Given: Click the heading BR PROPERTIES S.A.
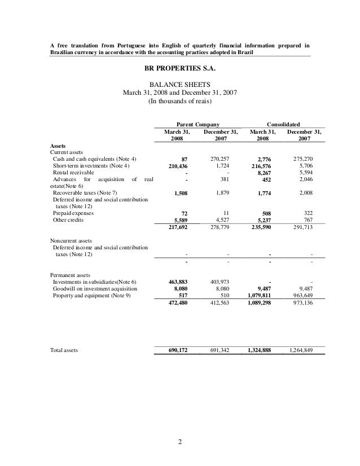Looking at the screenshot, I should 180,69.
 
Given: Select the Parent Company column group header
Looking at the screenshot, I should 195,124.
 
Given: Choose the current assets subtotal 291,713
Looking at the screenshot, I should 308,228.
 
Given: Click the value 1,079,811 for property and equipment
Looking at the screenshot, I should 259,295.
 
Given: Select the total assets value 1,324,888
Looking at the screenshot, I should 259,350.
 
